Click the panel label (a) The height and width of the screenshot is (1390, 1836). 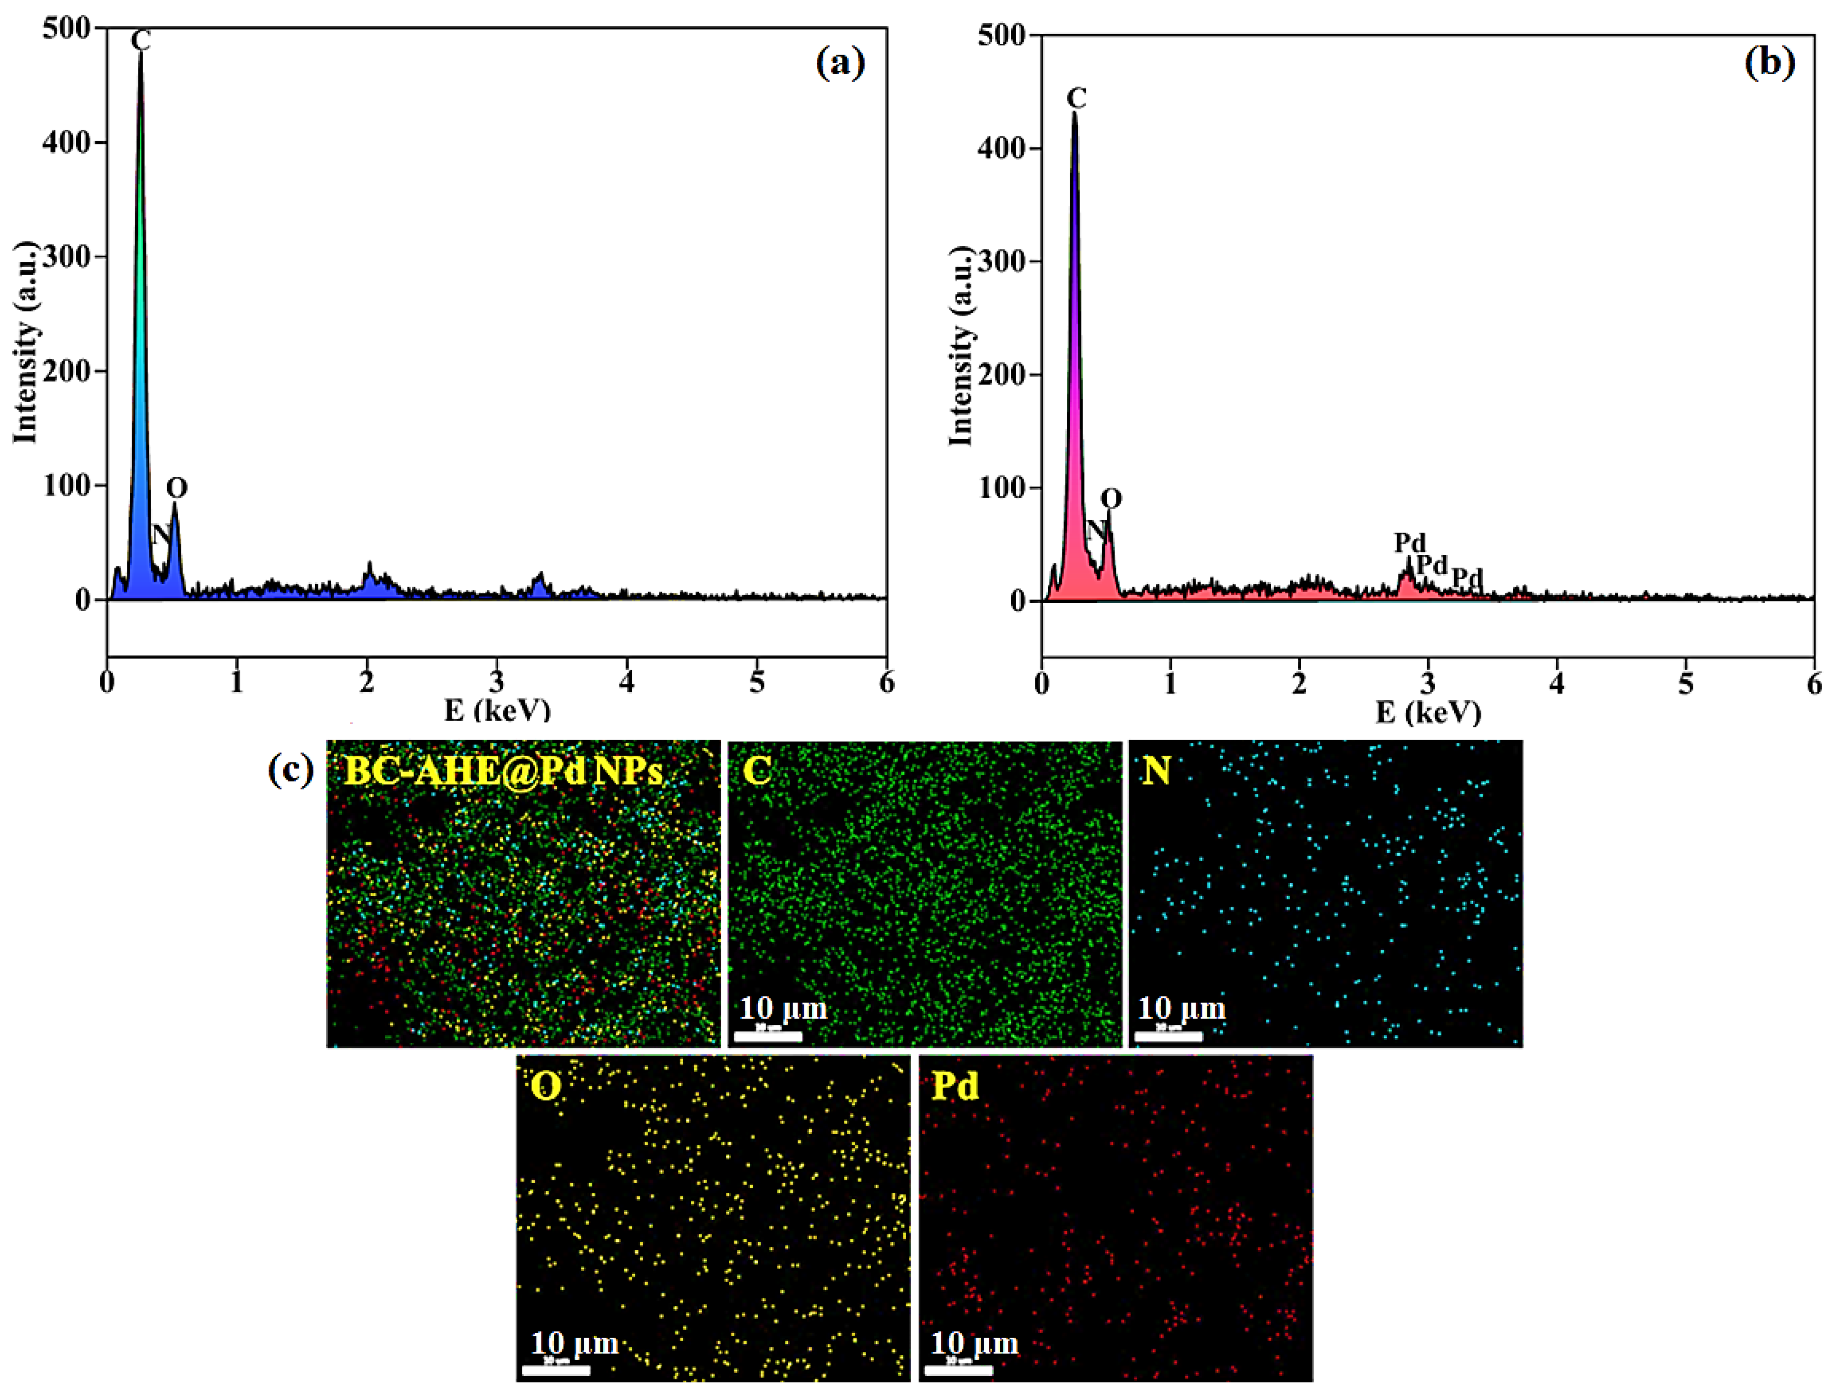pos(840,63)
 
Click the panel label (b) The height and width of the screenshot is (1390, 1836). pos(1769,63)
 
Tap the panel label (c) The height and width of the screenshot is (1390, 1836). pos(290,770)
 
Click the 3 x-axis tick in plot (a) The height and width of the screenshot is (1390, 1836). pos(496,682)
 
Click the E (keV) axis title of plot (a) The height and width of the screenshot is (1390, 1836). pos(497,710)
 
